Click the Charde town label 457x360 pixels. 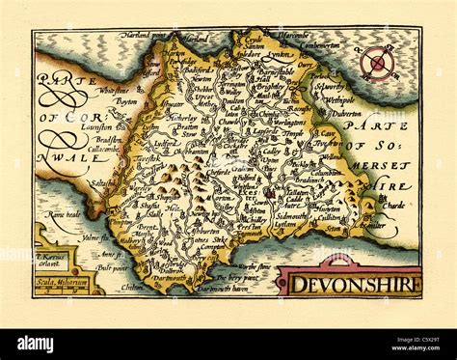click(x=392, y=205)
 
